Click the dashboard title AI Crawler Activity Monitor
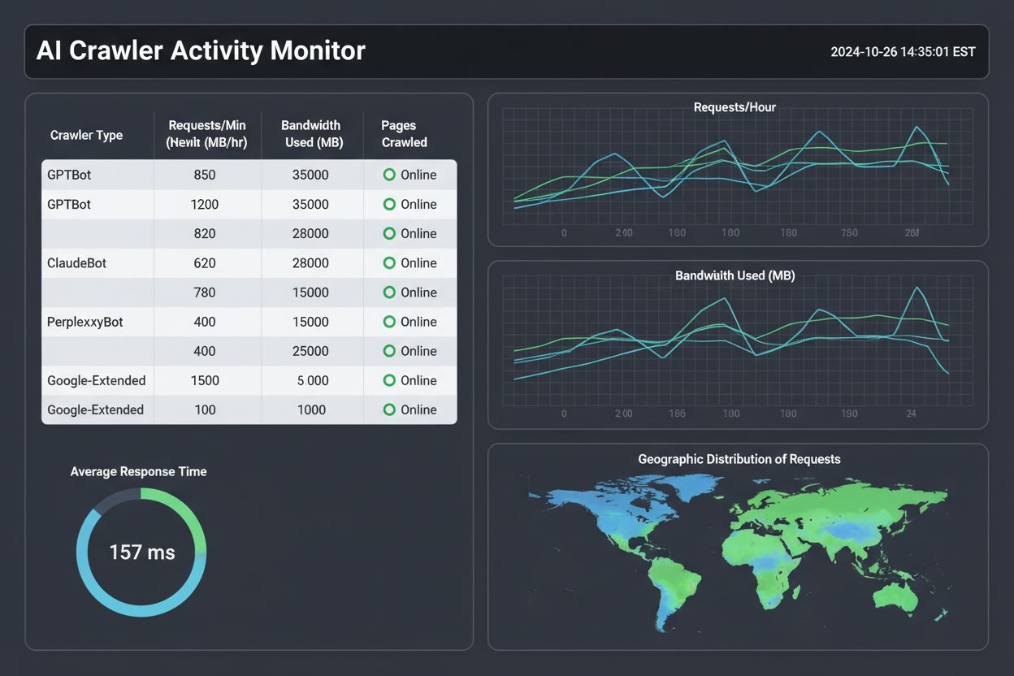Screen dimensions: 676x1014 click(201, 51)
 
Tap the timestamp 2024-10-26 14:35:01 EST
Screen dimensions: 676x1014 click(903, 52)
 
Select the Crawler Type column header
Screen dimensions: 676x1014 click(86, 135)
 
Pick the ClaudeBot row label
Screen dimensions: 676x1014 click(77, 263)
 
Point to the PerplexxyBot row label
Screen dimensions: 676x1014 click(85, 322)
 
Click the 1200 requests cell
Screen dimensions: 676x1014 click(205, 205)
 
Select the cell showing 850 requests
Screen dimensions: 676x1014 click(205, 175)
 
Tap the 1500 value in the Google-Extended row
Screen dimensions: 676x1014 click(205, 380)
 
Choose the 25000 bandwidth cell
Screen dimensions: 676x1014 click(311, 351)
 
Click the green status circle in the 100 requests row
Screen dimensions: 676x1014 click(389, 409)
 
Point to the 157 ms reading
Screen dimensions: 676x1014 click(142, 552)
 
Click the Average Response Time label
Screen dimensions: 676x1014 click(138, 471)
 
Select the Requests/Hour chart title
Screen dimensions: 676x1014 click(734, 107)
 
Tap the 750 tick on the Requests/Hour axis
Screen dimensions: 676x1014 click(849, 233)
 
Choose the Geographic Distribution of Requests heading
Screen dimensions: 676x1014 click(739, 459)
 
